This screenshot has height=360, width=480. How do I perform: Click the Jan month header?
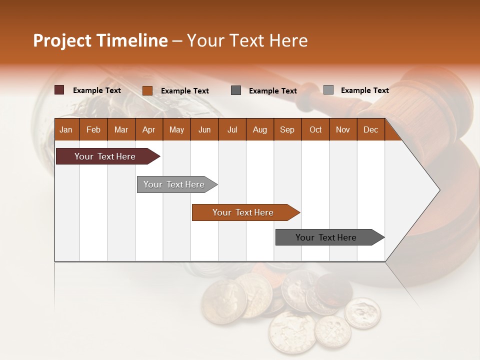point(66,129)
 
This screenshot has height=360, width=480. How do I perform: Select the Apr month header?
point(149,129)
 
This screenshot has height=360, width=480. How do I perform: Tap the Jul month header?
point(232,129)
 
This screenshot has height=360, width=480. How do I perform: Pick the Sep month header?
point(287,129)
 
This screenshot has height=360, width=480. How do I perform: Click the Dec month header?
point(370,129)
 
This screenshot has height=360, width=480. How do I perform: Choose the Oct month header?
point(315,129)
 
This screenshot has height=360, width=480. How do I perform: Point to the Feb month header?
point(93,129)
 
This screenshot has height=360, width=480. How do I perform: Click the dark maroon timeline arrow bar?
point(105,156)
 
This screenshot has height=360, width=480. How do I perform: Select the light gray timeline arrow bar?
point(174,184)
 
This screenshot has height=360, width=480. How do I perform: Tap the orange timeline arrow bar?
point(243,212)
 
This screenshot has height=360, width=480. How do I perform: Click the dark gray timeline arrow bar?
point(326,237)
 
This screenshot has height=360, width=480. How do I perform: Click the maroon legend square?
point(59,90)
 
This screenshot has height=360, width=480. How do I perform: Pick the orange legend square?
point(147,90)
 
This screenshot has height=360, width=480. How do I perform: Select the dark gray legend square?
point(236,90)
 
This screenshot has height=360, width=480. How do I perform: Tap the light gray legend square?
point(328,90)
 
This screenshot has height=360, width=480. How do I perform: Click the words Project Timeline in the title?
point(100,40)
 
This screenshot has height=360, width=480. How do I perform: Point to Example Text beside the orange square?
point(184,91)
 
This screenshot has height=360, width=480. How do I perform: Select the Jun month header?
point(204,129)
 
